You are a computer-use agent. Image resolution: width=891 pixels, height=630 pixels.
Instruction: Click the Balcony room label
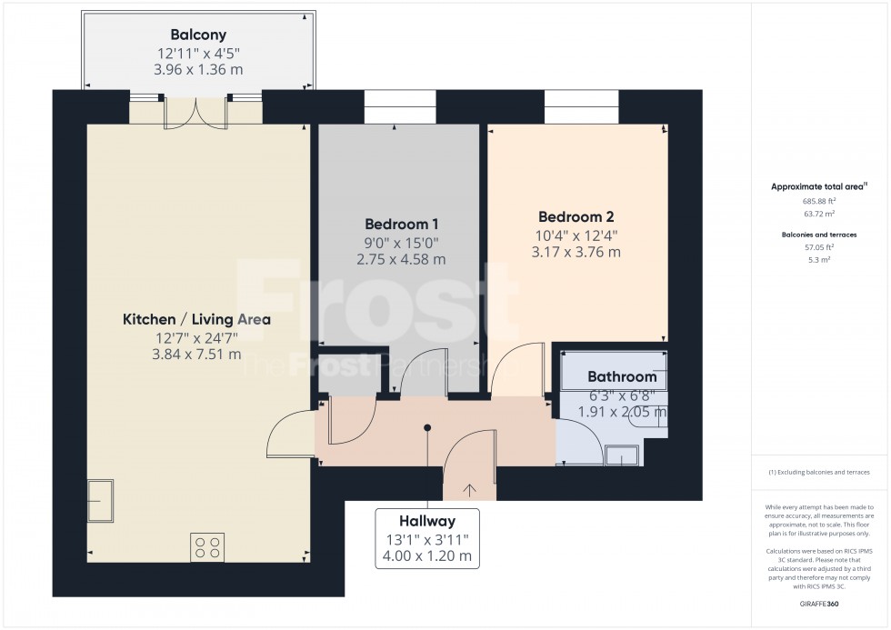coord(199,36)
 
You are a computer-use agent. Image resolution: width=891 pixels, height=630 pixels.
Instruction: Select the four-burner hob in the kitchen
coord(207,546)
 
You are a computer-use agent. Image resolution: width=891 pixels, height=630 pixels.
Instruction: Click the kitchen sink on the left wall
coord(99,501)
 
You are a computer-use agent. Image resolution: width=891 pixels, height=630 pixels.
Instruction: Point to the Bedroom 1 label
coord(402,225)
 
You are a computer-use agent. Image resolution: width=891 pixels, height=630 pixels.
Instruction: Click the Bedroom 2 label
coord(576,217)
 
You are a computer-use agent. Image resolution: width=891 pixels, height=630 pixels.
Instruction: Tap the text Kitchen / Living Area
coord(196,320)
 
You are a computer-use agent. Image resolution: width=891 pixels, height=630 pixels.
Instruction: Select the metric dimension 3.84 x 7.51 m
coord(196,355)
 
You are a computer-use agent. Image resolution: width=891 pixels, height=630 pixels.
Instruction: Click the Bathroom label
coord(621,376)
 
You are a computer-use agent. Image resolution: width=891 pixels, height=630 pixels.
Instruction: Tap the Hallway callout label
coord(426,521)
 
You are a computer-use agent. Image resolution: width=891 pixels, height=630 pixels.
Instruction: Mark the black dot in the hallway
coord(426,427)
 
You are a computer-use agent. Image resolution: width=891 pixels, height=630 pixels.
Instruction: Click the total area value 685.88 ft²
coord(819,201)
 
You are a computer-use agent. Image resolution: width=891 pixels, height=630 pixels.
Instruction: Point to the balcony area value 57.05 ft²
coord(819,246)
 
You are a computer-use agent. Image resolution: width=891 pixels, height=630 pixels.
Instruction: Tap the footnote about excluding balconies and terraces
coord(819,472)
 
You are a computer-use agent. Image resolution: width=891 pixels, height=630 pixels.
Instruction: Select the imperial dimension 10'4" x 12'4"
coord(576,235)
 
